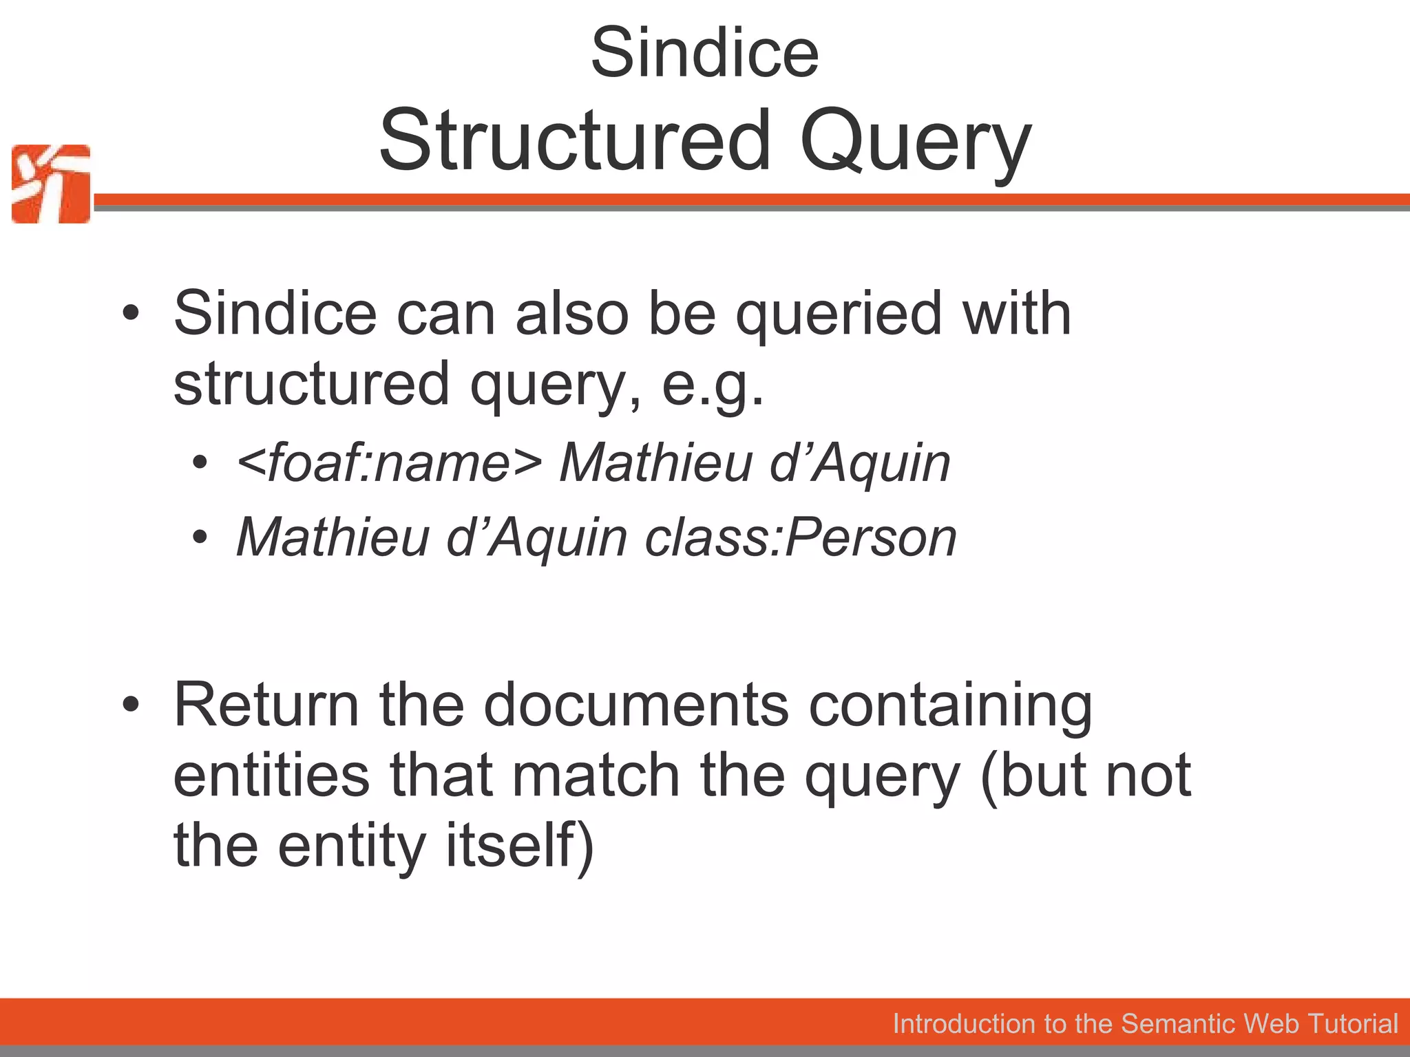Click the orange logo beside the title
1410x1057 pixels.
(x=51, y=184)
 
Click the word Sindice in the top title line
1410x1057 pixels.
(x=704, y=53)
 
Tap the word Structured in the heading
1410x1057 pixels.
(x=575, y=140)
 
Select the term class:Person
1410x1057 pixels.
(x=801, y=537)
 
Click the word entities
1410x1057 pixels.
(x=271, y=775)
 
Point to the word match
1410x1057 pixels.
(x=596, y=775)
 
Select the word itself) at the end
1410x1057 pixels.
(x=520, y=846)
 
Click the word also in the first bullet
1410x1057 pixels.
(x=571, y=314)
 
